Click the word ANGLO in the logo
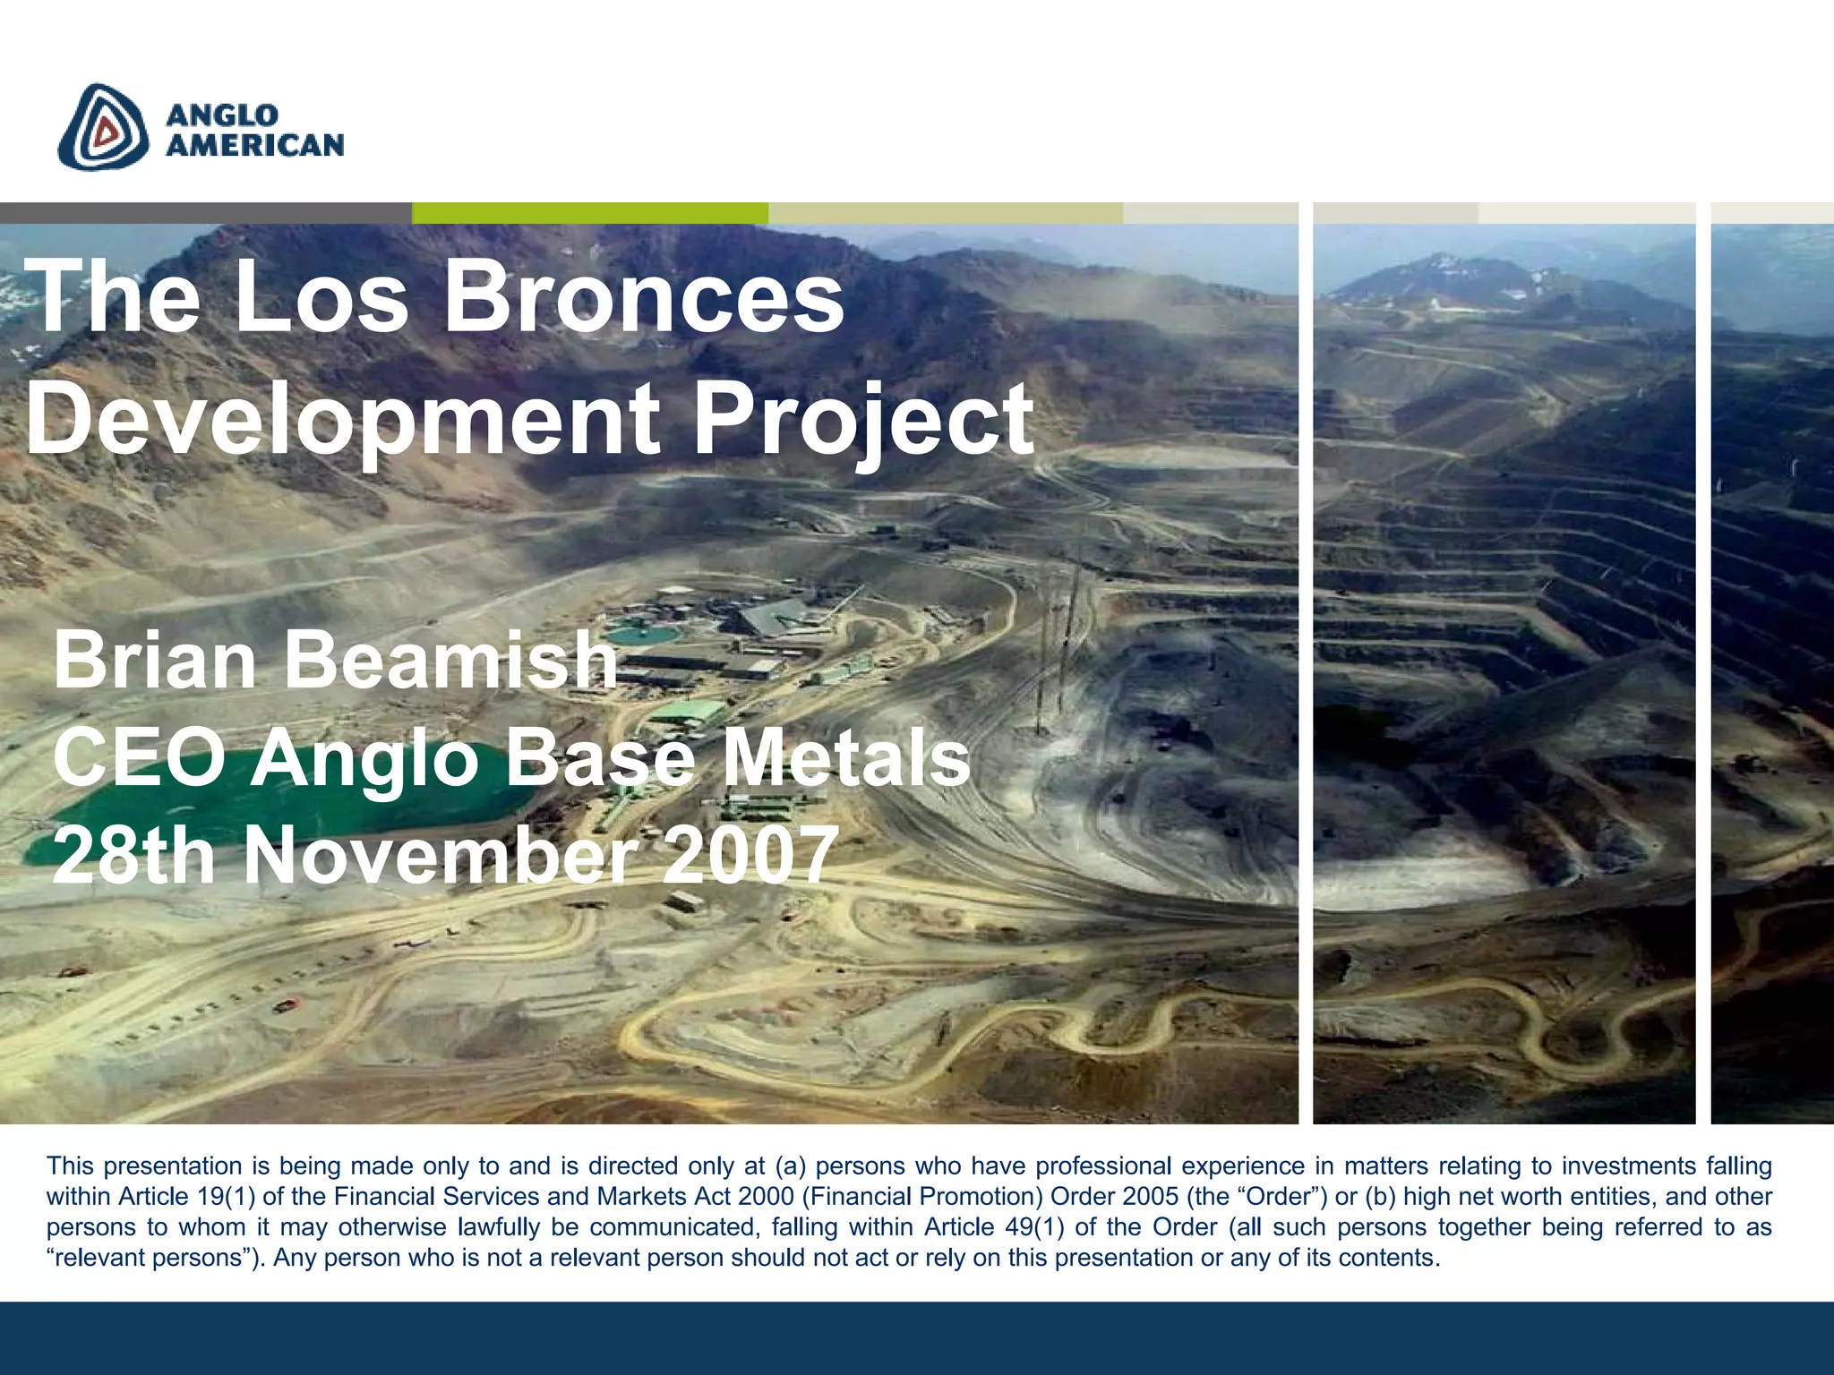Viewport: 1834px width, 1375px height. (x=222, y=115)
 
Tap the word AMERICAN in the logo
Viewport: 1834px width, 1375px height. (x=255, y=145)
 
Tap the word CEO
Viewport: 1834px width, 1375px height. (x=139, y=759)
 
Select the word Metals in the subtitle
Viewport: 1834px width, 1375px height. (x=845, y=759)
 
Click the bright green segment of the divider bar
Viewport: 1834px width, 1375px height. (x=589, y=213)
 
